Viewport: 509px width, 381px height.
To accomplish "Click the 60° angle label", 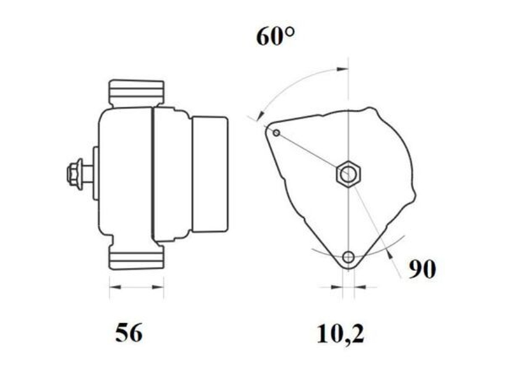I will (x=275, y=37).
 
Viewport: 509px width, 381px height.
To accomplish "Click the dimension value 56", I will (x=129, y=333).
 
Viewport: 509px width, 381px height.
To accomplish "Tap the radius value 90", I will (x=422, y=269).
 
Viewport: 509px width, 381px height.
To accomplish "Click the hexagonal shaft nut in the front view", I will (x=348, y=173).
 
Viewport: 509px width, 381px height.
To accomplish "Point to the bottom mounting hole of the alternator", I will (x=348, y=257).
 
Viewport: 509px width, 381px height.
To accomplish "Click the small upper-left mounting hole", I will (x=276, y=133).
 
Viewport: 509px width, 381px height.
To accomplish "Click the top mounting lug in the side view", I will (x=136, y=93).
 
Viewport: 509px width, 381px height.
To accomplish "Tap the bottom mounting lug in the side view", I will (x=136, y=257).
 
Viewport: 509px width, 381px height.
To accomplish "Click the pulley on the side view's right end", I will (x=210, y=175).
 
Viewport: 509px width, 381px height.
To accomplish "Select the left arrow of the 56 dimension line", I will (x=115, y=288).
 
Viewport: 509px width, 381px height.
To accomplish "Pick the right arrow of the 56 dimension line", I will (x=159, y=288).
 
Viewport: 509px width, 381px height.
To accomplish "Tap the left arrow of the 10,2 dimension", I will (x=337, y=288).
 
